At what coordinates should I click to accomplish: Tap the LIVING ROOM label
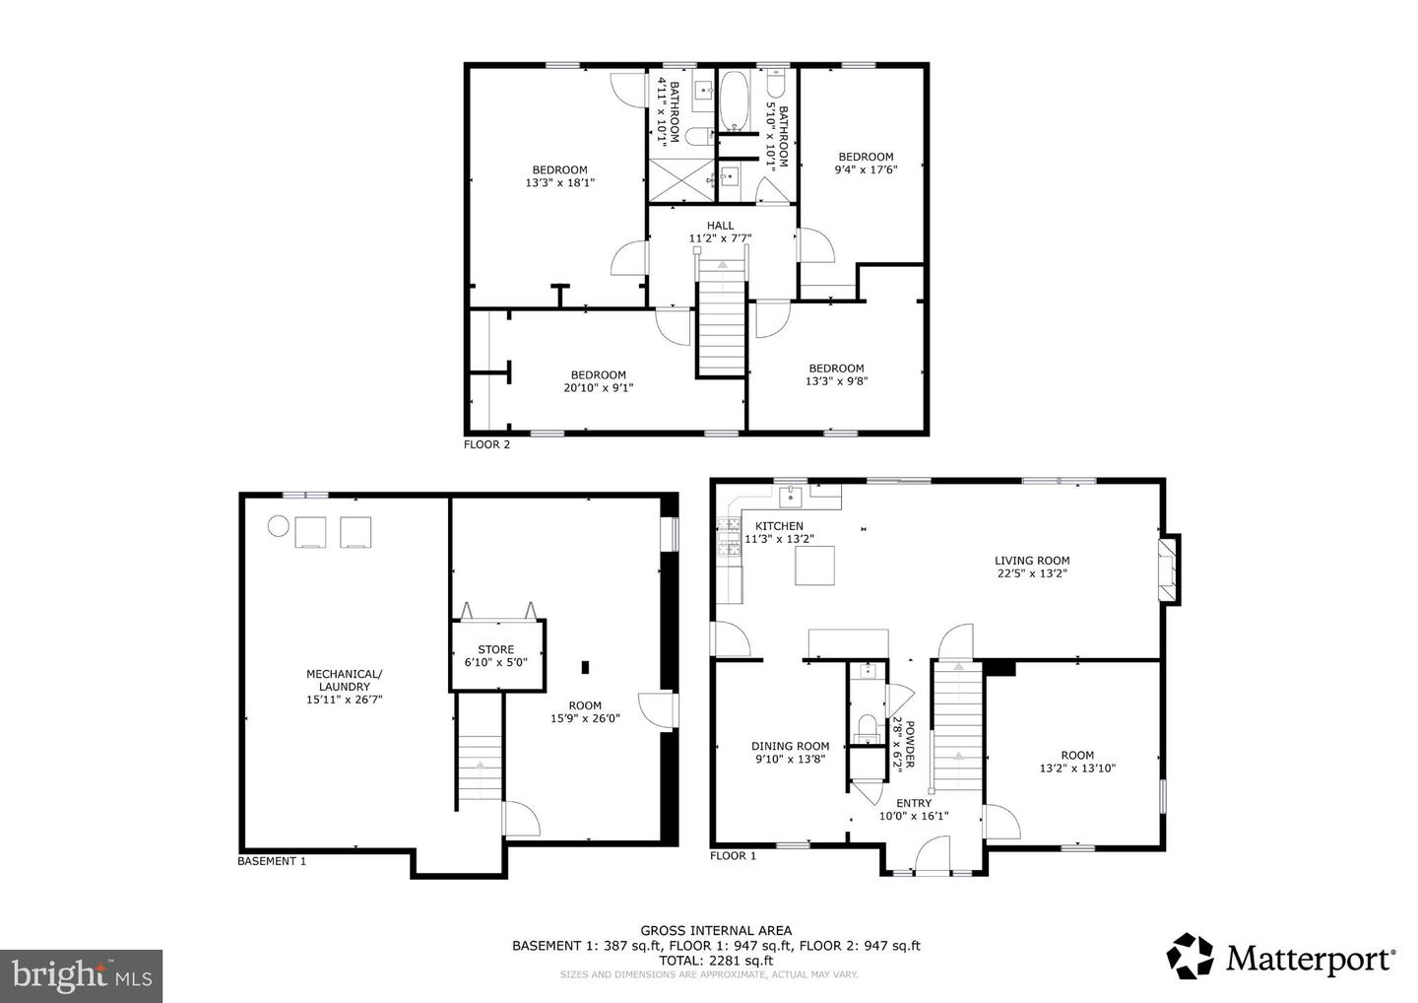[1031, 561]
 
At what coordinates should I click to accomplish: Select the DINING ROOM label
[790, 746]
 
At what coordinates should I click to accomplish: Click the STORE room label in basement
[495, 649]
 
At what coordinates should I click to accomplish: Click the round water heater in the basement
[278, 526]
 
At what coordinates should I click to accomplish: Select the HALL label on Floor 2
[720, 226]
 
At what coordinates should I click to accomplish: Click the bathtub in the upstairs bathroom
[733, 100]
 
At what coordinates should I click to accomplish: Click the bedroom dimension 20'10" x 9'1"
[598, 388]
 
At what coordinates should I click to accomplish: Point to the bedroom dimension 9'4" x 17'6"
[866, 169]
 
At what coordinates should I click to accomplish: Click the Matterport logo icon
[1191, 957]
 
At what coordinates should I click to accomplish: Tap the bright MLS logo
[81, 975]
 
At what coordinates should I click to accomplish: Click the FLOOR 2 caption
[486, 444]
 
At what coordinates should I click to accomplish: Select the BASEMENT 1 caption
[272, 861]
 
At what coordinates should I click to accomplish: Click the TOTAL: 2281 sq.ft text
[715, 961]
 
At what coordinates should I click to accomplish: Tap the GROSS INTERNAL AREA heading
[715, 930]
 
